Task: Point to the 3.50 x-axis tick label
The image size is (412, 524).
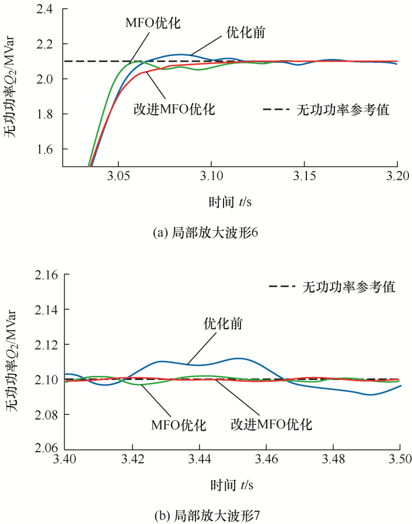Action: coord(400,459)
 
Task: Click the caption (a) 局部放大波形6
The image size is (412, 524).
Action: coord(205,232)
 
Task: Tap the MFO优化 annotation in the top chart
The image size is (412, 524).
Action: coord(153,23)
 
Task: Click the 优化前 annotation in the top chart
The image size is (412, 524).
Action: coord(246,33)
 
